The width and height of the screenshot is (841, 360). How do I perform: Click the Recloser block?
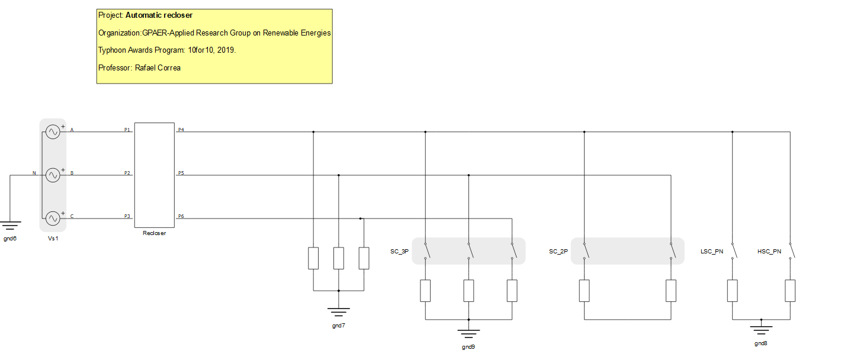pos(155,175)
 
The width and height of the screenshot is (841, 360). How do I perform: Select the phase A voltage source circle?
pos(53,132)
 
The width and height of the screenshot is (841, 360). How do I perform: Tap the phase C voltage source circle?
pos(53,218)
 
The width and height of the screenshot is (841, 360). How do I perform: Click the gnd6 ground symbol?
pos(10,226)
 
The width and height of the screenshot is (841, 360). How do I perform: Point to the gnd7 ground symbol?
pos(339,311)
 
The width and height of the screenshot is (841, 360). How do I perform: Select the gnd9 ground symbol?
pos(468,333)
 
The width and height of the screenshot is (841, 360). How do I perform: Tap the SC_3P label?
pos(400,252)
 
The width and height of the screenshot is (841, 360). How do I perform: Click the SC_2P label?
pos(558,252)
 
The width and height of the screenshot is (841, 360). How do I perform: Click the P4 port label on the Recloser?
pos(181,129)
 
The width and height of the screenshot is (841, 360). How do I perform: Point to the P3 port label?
pos(127,216)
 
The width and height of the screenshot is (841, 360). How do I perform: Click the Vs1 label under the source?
pos(53,238)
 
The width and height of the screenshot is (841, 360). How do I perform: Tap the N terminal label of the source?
pos(34,173)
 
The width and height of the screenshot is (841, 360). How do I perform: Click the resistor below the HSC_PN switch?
pos(790,291)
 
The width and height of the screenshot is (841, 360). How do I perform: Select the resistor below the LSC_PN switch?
pos(733,291)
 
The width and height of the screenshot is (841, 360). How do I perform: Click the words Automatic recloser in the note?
pos(159,15)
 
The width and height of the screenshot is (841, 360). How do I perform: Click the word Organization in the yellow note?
pos(119,33)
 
